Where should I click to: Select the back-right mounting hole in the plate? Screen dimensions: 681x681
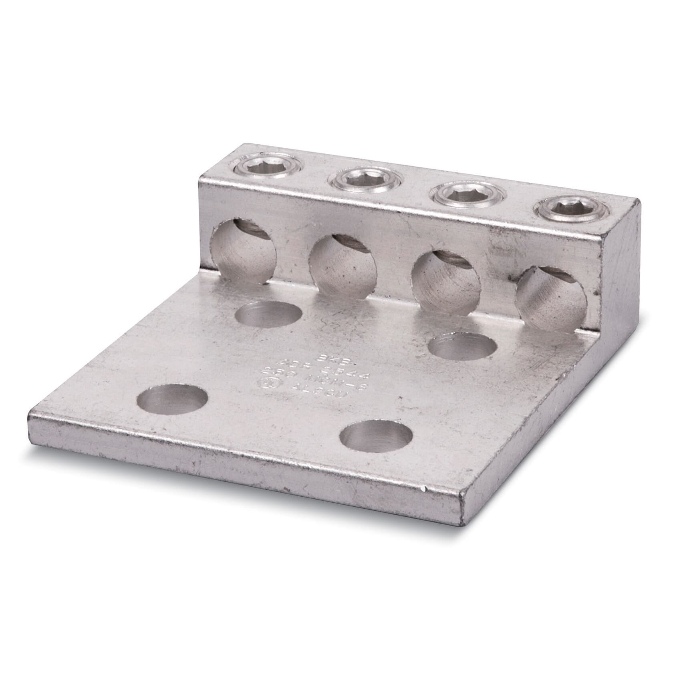point(462,347)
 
